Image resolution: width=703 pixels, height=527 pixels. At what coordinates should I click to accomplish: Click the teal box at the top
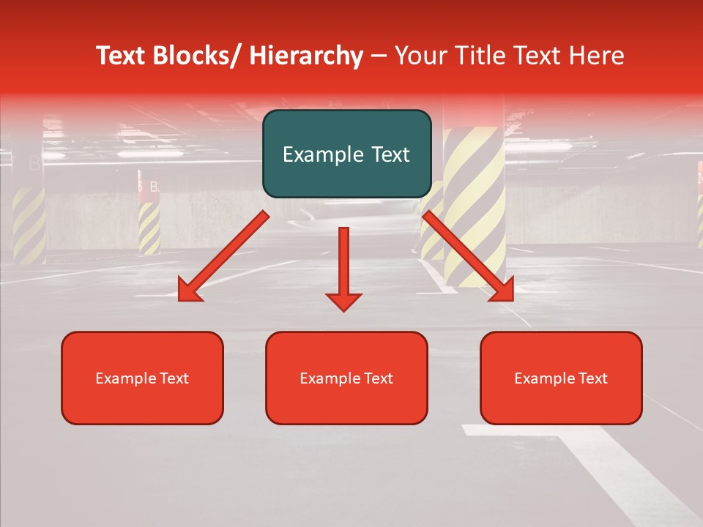point(346,154)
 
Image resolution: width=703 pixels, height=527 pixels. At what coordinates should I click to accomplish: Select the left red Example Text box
point(142,378)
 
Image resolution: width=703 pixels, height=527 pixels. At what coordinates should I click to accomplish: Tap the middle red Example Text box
point(346,378)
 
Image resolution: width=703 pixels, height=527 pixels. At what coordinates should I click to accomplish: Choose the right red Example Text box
point(561,378)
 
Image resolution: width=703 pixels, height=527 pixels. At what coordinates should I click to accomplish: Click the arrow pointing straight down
point(343,267)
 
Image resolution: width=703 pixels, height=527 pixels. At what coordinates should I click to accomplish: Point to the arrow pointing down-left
point(224,256)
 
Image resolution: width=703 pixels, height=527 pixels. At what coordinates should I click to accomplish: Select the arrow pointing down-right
point(468,256)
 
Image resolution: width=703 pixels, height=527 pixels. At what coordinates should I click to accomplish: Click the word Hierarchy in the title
point(306,56)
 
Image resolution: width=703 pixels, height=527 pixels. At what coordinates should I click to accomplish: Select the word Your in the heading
point(422,56)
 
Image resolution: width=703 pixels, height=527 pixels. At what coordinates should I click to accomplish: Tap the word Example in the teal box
point(318,154)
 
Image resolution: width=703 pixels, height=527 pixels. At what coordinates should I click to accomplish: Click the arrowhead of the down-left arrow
point(189,291)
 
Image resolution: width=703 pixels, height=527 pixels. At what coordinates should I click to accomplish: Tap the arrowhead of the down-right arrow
point(502,291)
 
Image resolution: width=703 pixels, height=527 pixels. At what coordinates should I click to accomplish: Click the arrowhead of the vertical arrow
point(343,301)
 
